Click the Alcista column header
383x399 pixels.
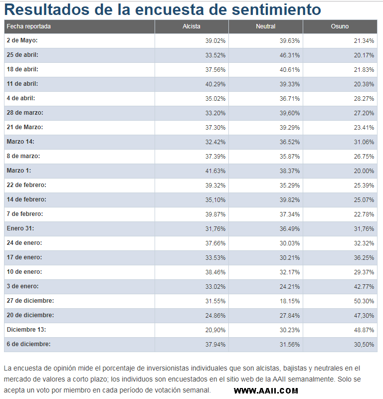(x=191, y=26)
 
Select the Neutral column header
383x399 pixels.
(x=265, y=26)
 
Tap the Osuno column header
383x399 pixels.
(x=340, y=26)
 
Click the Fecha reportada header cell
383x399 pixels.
(x=29, y=26)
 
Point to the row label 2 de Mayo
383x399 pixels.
(x=22, y=40)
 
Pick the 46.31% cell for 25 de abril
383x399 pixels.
(x=290, y=55)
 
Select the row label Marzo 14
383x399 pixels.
(x=20, y=142)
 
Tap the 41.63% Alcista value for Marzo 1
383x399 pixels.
(x=215, y=171)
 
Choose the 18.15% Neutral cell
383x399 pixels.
(x=290, y=301)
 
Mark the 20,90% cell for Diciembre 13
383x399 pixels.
(x=215, y=330)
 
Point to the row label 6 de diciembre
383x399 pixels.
(x=28, y=344)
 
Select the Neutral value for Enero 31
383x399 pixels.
(x=290, y=229)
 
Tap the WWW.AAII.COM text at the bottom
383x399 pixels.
(x=266, y=391)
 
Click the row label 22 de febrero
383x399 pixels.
(x=26, y=185)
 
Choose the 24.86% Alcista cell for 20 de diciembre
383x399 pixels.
(x=215, y=316)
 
